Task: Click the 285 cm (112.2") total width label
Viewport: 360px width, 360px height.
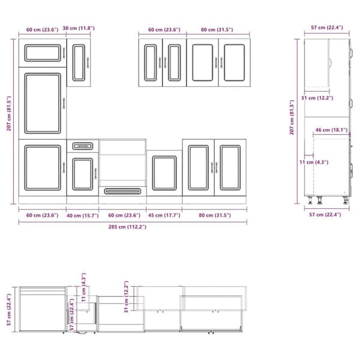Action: pyautogui.click(x=127, y=227)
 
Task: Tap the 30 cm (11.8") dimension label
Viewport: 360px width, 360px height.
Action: pyautogui.click(x=79, y=28)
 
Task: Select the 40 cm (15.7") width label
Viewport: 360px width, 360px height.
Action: pyautogui.click(x=82, y=215)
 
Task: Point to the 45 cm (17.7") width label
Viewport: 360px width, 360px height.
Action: pyautogui.click(x=164, y=215)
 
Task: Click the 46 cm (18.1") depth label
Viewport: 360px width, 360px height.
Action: pyautogui.click(x=331, y=130)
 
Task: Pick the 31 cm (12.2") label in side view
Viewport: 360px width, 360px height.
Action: pyautogui.click(x=317, y=98)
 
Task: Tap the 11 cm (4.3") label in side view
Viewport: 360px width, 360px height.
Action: pyautogui.click(x=314, y=163)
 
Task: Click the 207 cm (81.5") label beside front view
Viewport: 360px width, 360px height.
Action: pyautogui.click(x=9, y=113)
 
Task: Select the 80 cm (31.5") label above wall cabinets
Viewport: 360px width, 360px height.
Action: pyautogui.click(x=217, y=29)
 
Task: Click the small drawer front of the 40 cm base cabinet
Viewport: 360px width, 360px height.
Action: pyautogui.click(x=83, y=146)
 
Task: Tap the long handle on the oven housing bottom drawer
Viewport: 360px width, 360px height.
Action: pyautogui.click(x=122, y=191)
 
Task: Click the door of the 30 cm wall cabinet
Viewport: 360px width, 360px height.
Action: pyautogui.click(x=79, y=62)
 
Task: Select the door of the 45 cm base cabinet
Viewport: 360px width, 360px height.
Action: pyautogui.click(x=164, y=173)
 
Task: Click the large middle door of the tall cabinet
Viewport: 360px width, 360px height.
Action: pyautogui.click(x=43, y=103)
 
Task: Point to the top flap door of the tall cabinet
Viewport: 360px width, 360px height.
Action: pyautogui.click(x=43, y=53)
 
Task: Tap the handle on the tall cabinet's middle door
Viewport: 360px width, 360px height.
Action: pyautogui.click(x=64, y=103)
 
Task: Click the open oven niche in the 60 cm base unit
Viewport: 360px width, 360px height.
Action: pyautogui.click(x=122, y=163)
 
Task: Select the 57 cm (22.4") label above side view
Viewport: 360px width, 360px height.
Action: pyautogui.click(x=327, y=28)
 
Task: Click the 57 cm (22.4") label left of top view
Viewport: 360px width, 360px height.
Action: pyautogui.click(x=9, y=310)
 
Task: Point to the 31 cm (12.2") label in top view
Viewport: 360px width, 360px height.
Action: pyautogui.click(x=127, y=296)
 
